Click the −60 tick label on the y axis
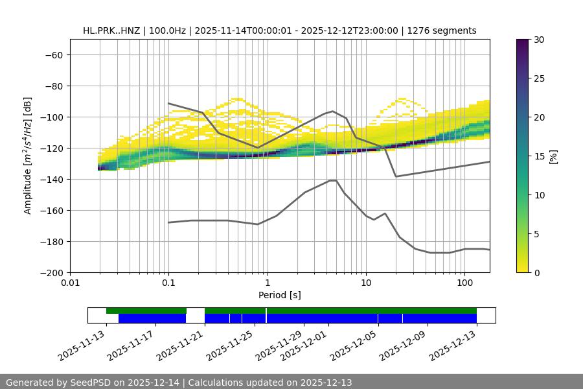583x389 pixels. pyautogui.click(x=52, y=54)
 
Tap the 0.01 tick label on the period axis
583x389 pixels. pyautogui.click(x=70, y=283)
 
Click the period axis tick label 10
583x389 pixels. pyautogui.click(x=366, y=283)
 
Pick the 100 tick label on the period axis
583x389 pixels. pyautogui.click(x=464, y=283)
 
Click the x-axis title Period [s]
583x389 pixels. pyautogui.click(x=280, y=295)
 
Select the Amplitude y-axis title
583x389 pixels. pyautogui.click(x=28, y=156)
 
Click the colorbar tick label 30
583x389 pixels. pyautogui.click(x=539, y=40)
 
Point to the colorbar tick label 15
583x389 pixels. pyautogui.click(x=539, y=156)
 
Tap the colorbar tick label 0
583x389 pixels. pyautogui.click(x=537, y=272)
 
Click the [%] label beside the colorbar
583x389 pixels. pyautogui.click(x=554, y=156)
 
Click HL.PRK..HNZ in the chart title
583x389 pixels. pyautogui.click(x=112, y=30)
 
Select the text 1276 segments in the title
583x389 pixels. pyautogui.click(x=442, y=30)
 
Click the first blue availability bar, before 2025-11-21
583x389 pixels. pyautogui.click(x=152, y=318)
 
